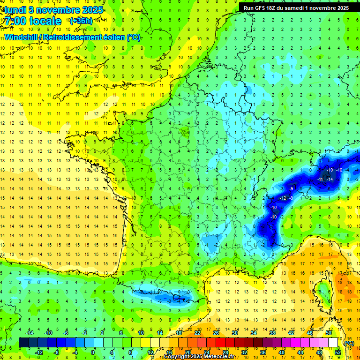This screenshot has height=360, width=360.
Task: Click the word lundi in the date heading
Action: [x=15, y=9]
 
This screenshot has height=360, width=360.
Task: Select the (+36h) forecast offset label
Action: [x=81, y=21]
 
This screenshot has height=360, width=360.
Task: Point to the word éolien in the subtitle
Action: [x=112, y=37]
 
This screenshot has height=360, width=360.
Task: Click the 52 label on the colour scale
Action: [x=337, y=352]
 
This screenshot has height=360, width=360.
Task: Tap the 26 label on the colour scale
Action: [x=216, y=333]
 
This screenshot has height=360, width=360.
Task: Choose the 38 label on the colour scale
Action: [x=272, y=333]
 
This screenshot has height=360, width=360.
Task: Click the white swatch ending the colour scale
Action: [x=333, y=343]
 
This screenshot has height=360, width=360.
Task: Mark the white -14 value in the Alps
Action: [x=330, y=180]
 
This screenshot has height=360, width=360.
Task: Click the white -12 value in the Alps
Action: [x=283, y=198]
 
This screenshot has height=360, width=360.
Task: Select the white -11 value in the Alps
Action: [x=320, y=180]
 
